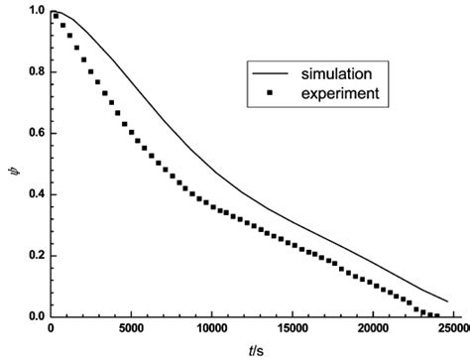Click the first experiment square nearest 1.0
[x=56, y=15]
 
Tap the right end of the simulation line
[x=447, y=301]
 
